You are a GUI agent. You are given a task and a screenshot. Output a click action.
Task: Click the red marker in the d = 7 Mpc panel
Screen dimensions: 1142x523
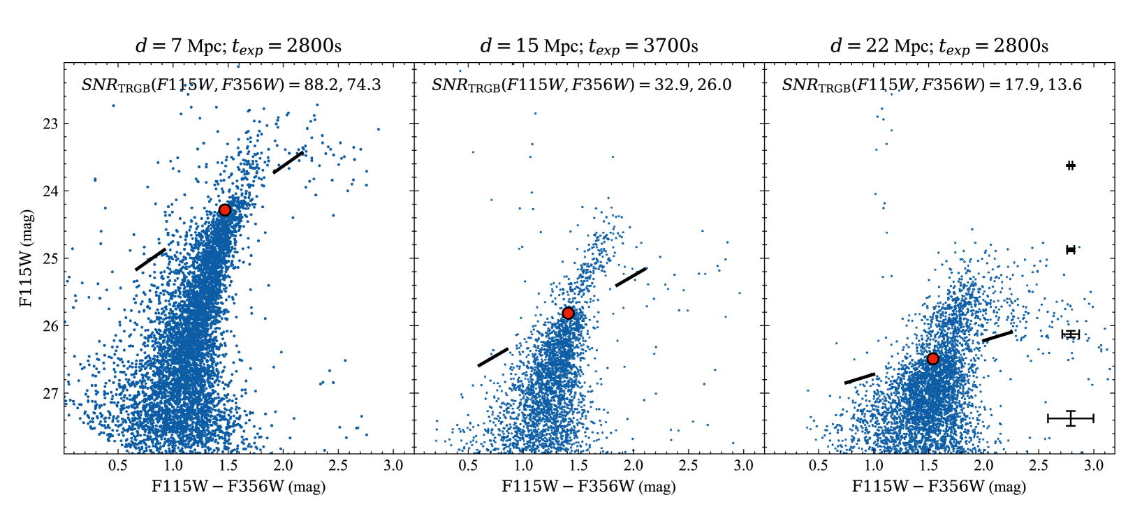(224, 210)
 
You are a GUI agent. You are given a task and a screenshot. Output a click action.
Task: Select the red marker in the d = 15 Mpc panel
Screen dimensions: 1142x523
(568, 313)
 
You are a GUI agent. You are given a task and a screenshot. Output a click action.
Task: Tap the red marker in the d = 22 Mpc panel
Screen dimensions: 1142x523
(932, 359)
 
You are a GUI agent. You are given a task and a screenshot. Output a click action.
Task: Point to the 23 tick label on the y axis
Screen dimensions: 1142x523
(50, 124)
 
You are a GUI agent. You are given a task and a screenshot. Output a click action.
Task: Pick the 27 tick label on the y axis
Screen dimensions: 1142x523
(50, 394)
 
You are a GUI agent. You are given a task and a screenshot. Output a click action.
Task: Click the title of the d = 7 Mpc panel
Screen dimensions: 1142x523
(238, 46)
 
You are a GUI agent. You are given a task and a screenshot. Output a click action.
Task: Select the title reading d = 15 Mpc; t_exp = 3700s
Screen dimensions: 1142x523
(589, 46)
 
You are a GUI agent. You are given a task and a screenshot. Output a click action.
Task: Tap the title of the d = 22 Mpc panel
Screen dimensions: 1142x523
(939, 46)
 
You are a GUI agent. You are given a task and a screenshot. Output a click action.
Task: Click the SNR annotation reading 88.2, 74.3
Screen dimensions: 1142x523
(231, 84)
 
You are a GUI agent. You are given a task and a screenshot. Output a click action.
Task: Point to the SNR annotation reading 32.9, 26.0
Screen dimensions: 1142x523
(582, 84)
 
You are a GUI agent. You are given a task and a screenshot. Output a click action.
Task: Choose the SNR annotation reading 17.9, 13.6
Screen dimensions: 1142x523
(932, 84)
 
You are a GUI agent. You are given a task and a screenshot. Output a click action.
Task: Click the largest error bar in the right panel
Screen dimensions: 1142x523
(1071, 418)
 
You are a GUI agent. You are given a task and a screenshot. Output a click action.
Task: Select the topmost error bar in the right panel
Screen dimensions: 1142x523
(1071, 165)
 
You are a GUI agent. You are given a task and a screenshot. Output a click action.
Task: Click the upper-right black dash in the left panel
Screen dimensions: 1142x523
(288, 163)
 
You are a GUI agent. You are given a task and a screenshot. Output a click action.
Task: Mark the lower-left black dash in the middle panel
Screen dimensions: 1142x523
(493, 358)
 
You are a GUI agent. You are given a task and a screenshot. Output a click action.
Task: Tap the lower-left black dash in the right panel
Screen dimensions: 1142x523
(860, 378)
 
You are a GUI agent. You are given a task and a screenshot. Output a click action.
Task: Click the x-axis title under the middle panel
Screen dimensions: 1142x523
(589, 486)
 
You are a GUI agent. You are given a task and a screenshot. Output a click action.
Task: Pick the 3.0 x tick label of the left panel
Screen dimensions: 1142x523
(393, 466)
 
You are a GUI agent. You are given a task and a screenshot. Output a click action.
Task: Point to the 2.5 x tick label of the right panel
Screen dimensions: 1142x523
(1039, 466)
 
